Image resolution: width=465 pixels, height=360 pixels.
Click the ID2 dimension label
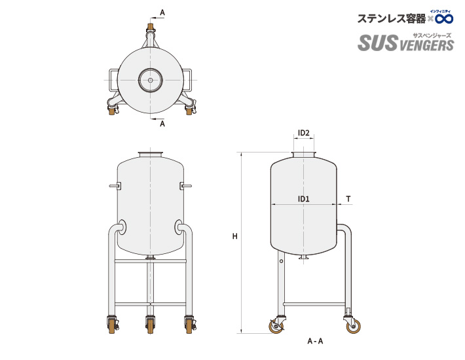pos(303,134)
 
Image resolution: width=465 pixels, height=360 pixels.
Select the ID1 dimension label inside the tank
pos(303,198)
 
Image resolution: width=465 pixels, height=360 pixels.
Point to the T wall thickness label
pos(348,198)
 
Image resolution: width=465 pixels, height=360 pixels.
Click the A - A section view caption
pos(315,341)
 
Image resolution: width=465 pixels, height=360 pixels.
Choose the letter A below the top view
pos(162,123)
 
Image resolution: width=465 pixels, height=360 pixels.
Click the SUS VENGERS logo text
pos(405,44)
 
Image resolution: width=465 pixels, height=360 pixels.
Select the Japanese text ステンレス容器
pos(390,19)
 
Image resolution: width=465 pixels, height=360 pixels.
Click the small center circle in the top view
pos(151,81)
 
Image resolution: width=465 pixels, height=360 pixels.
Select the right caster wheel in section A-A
pos(354,325)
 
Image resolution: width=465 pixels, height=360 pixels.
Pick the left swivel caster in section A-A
pos(275,325)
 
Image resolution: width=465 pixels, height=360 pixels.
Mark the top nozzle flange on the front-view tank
pos(151,154)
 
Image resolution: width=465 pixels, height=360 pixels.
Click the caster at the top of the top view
pos(151,29)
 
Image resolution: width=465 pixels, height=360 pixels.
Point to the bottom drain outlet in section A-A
pos(303,259)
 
